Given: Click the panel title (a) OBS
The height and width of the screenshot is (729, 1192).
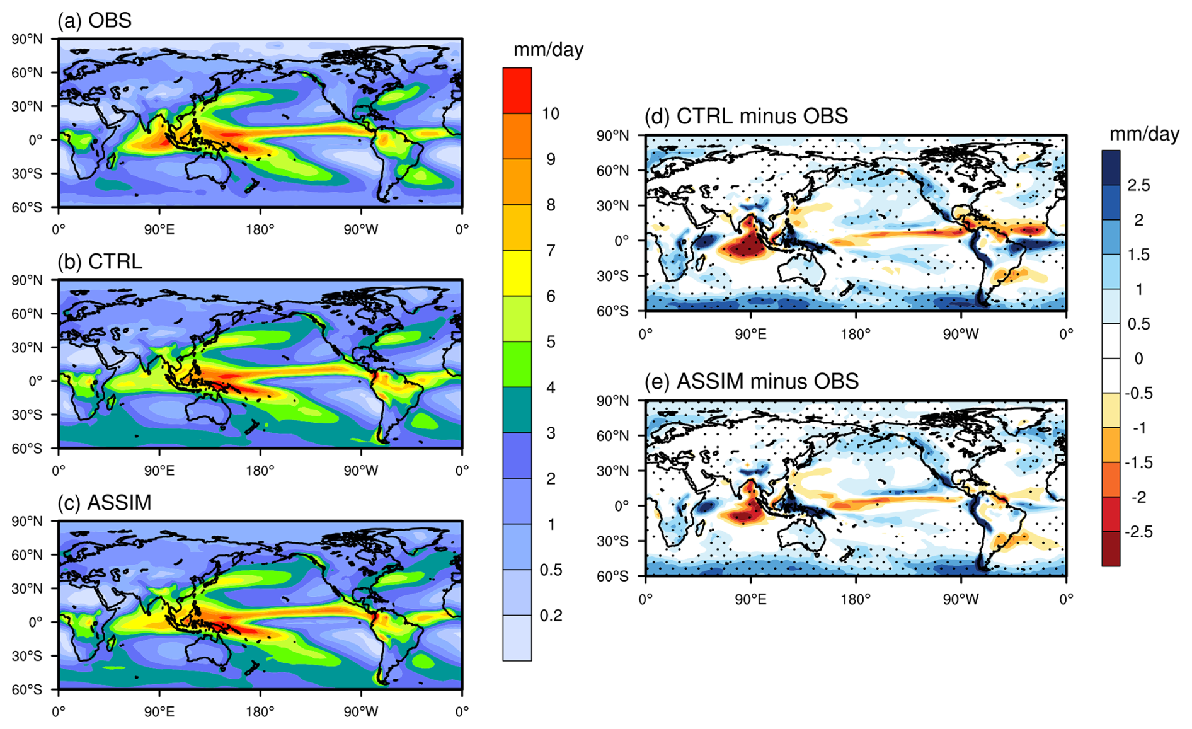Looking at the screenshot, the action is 95,20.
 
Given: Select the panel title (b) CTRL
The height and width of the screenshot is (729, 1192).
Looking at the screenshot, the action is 100,261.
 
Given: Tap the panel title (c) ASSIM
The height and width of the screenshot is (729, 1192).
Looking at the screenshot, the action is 105,502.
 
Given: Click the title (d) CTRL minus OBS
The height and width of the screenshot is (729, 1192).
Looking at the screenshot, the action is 746,116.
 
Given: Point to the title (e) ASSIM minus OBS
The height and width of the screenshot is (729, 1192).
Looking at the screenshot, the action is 752,381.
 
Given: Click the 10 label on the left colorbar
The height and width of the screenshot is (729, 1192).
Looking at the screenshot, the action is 551,113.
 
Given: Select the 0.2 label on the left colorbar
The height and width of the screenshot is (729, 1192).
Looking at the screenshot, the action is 551,615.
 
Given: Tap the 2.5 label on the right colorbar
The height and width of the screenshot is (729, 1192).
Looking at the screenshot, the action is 1138,185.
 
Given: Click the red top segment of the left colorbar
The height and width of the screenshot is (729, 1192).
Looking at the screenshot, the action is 517,91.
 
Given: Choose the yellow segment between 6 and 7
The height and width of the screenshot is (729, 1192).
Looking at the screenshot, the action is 517,273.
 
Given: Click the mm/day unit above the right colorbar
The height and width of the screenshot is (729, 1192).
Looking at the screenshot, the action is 1144,134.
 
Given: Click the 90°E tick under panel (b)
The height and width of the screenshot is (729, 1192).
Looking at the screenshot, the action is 159,470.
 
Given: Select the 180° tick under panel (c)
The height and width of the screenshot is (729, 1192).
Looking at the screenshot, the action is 260,711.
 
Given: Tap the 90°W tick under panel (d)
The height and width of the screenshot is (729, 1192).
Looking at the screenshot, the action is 961,333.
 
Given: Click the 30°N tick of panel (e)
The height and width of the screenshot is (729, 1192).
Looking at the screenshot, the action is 613,471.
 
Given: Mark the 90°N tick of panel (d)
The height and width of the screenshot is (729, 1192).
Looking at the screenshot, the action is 613,135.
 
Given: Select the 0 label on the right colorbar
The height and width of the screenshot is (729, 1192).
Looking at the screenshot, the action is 1138,359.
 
